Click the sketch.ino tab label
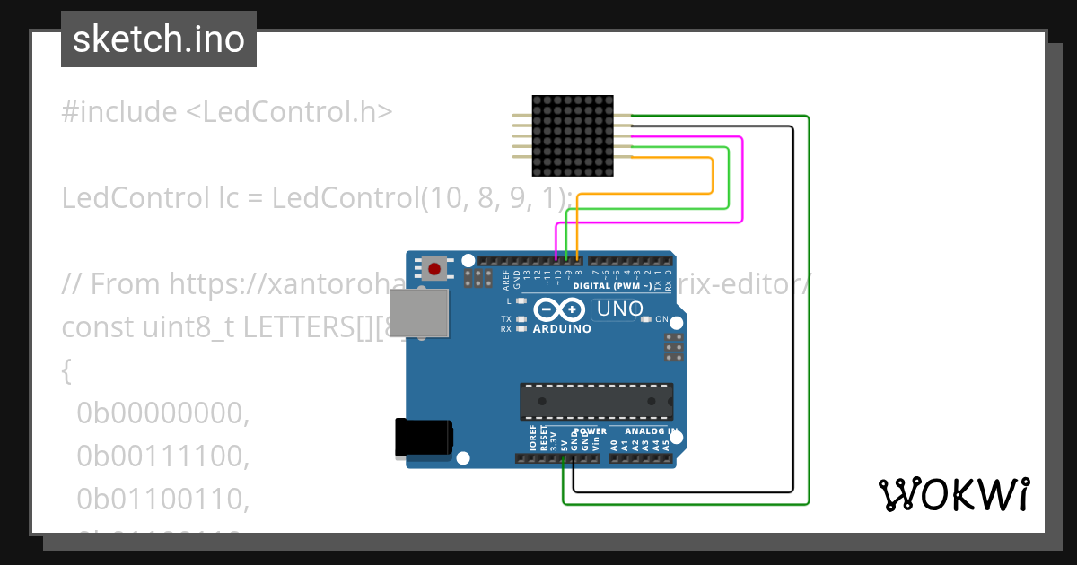[x=159, y=40]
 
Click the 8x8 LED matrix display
[x=572, y=135]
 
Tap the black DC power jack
[x=425, y=439]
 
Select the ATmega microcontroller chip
[x=596, y=400]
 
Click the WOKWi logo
[x=954, y=494]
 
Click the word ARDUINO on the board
[x=563, y=329]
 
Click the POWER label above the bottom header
[x=590, y=431]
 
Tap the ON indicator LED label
[x=661, y=319]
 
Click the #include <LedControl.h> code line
[x=227, y=112]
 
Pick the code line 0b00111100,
[x=162, y=456]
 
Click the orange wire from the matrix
[x=712, y=175]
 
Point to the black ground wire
[x=792, y=314]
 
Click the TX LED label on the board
[x=505, y=319]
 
